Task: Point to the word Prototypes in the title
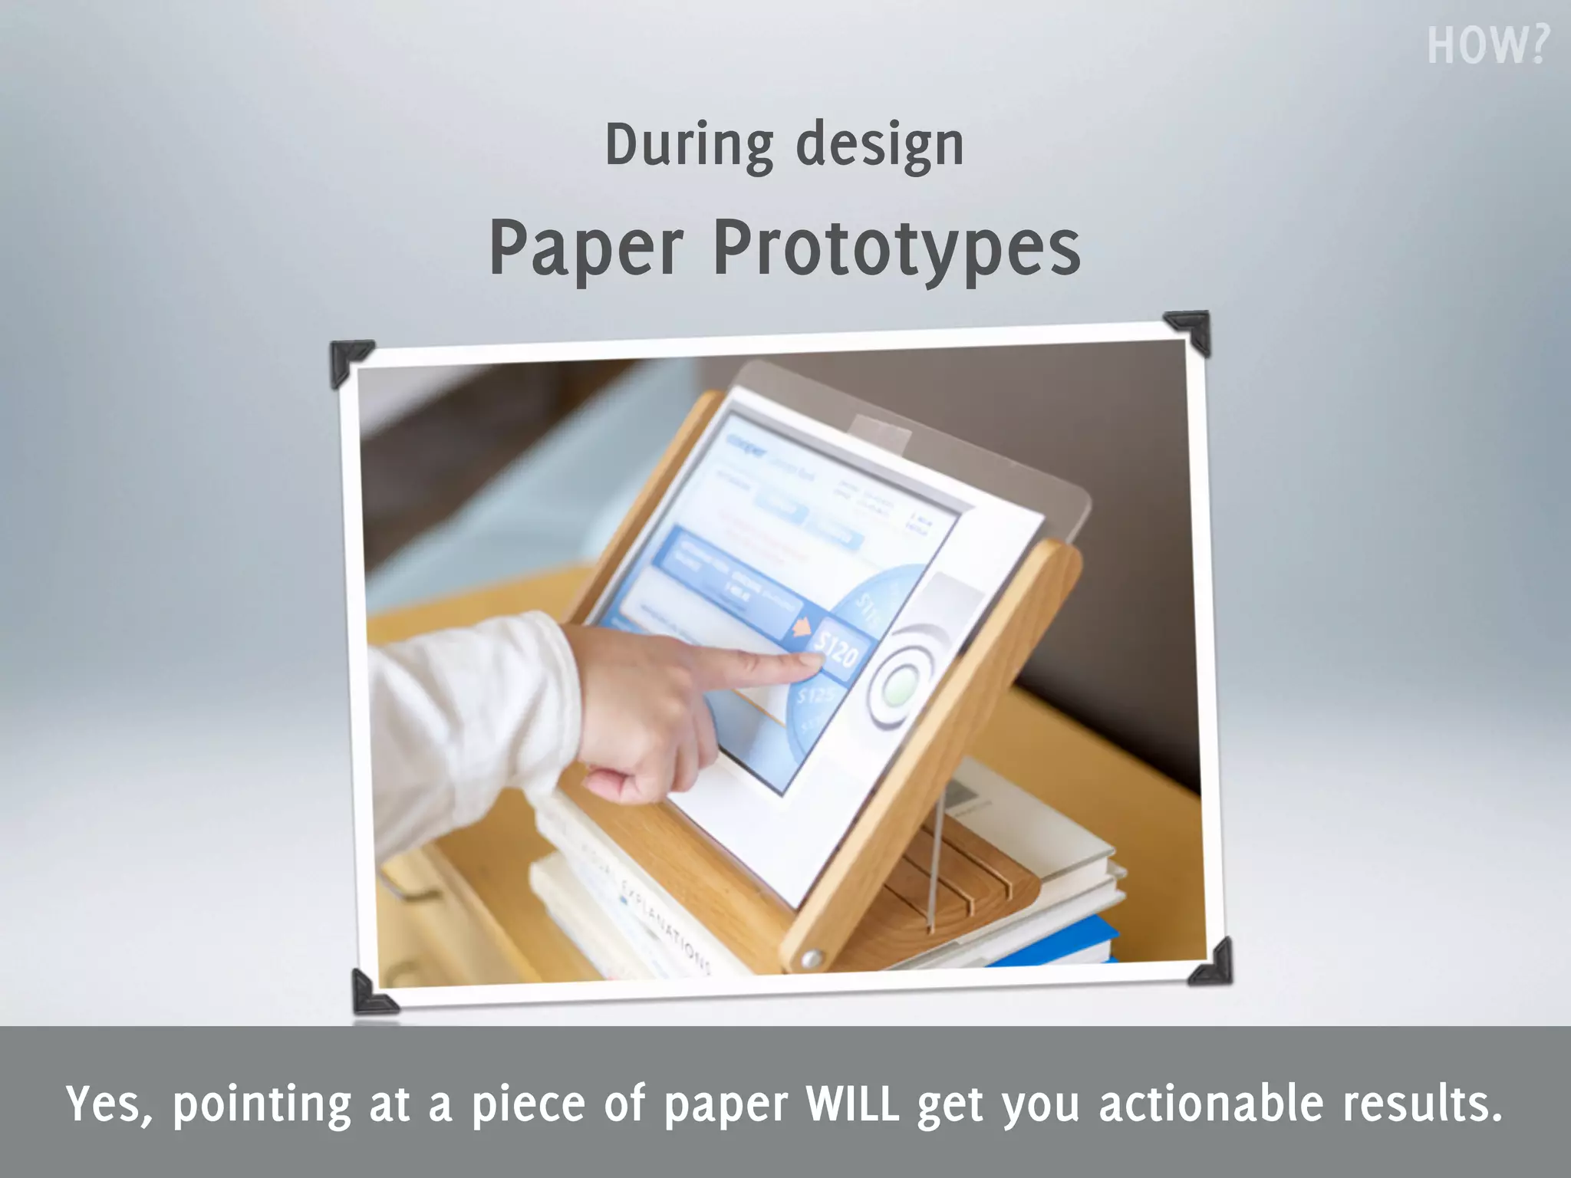coord(897,250)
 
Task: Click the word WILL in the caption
coord(852,1104)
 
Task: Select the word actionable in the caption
coord(1211,1104)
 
